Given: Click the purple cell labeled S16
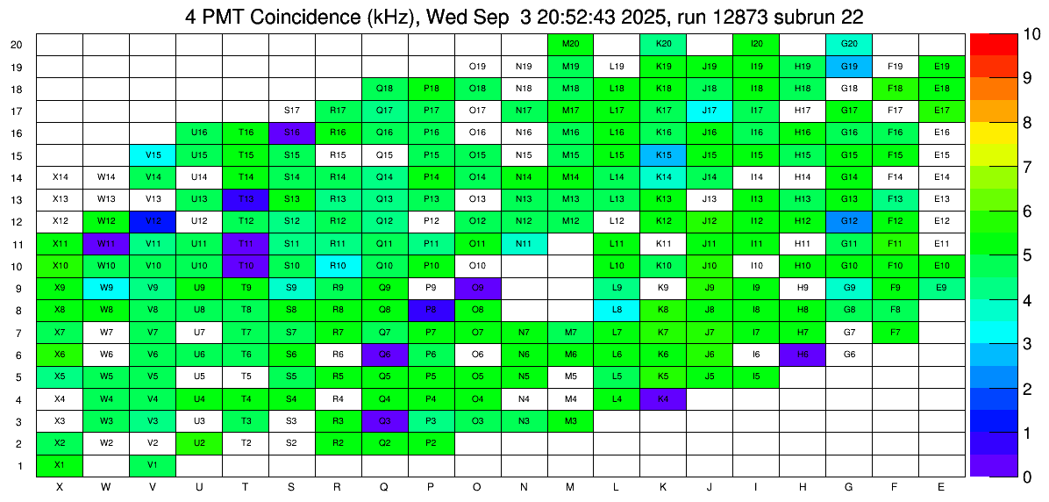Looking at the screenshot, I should (x=292, y=133).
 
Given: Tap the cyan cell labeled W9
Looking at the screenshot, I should (x=106, y=288).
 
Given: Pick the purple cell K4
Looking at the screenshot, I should (x=664, y=399).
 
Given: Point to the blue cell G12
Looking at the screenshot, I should (x=849, y=221).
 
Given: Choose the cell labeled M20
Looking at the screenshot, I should (x=571, y=44).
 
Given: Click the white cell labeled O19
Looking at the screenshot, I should (x=477, y=66).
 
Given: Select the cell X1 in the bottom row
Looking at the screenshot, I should (x=60, y=465).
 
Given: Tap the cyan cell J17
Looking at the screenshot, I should (x=710, y=111).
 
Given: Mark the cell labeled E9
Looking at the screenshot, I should (x=942, y=288).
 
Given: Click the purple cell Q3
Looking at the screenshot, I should (x=384, y=421).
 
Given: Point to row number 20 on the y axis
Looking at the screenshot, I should (x=18, y=45).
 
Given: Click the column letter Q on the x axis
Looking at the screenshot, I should (x=384, y=487).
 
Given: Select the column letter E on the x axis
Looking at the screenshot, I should (x=942, y=487).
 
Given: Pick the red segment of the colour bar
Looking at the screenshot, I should (x=991, y=44).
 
